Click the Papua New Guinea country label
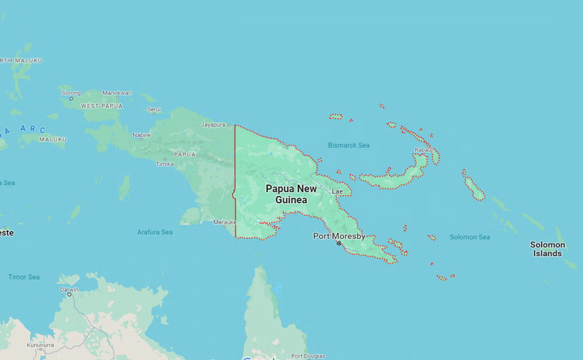click(291, 194)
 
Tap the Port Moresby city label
click(339, 235)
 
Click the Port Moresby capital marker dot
click(339, 243)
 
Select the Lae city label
click(337, 191)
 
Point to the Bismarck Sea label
click(348, 145)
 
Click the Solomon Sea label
click(469, 237)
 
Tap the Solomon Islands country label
click(547, 249)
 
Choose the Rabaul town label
click(424, 150)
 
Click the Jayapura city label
click(218, 125)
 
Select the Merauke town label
click(225, 222)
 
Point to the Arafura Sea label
click(155, 232)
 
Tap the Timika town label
click(164, 164)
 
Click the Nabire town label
click(141, 134)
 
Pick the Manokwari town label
click(117, 93)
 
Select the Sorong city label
click(71, 93)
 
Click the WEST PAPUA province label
click(102, 105)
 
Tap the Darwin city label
click(69, 290)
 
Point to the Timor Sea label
click(23, 277)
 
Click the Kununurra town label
click(41, 345)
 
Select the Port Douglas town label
click(308, 356)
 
